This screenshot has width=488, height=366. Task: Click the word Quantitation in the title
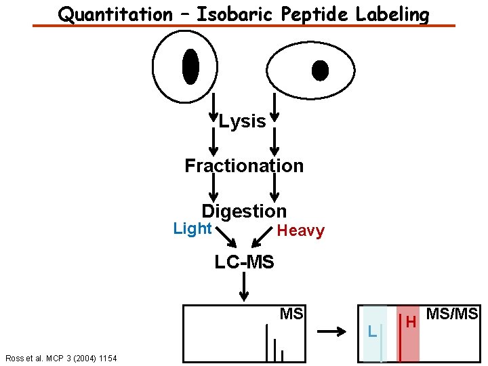pos(115,14)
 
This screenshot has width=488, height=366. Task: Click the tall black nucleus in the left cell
pos(190,66)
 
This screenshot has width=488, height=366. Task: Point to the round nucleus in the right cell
pos(319,70)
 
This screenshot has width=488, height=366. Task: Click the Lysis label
pos(243,121)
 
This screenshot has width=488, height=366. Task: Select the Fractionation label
pos(244,165)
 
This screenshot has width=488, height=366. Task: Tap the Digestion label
pos(244,211)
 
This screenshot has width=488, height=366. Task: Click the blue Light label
pos(192,228)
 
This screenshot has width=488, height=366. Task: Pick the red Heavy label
pos(300,231)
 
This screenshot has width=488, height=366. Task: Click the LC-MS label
pos(244,262)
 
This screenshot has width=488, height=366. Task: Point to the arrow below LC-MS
pos(244,287)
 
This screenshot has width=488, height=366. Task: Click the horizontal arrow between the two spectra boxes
pos(332,331)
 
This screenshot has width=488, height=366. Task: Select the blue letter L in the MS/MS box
pos(371,331)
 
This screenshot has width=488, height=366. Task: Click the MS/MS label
pos(452,314)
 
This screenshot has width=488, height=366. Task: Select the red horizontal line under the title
pos(244,26)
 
